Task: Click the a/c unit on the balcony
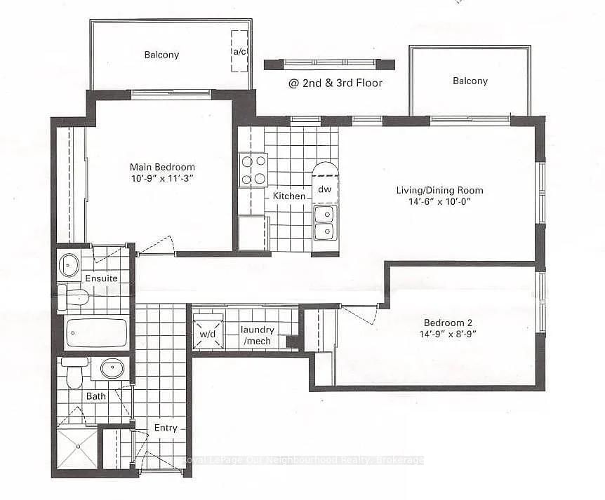point(239,50)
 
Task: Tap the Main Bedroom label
point(162,167)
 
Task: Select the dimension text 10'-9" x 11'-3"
point(162,179)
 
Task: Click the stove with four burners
point(253,170)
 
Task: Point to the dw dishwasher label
point(324,189)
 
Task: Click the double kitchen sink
point(324,223)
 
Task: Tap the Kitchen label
point(289,196)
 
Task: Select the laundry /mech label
point(258,335)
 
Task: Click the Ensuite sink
point(69,265)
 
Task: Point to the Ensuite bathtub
point(96,333)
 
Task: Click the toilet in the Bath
point(73,373)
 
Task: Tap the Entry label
point(166,428)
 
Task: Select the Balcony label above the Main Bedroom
point(162,55)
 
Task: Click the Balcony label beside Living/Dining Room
point(470,81)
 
